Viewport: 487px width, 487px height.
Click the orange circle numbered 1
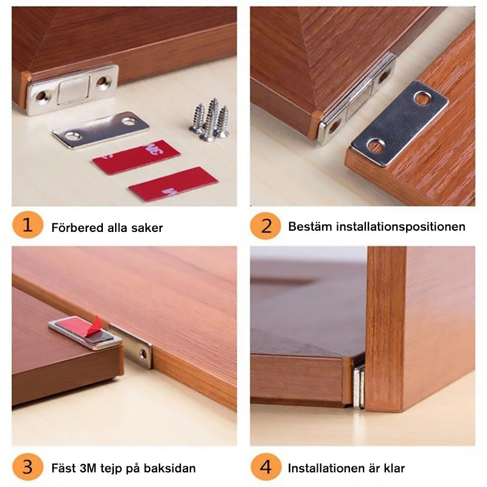point(27,226)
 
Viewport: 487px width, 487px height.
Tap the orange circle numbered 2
point(266,226)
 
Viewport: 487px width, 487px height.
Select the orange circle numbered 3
point(27,468)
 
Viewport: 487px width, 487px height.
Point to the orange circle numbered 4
point(266,468)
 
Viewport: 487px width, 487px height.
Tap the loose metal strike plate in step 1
point(101,128)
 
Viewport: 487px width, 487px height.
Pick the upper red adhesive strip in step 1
point(136,157)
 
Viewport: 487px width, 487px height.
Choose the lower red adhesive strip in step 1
point(173,184)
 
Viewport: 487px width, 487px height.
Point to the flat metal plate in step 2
point(399,122)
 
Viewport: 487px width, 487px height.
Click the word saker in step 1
point(147,228)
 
